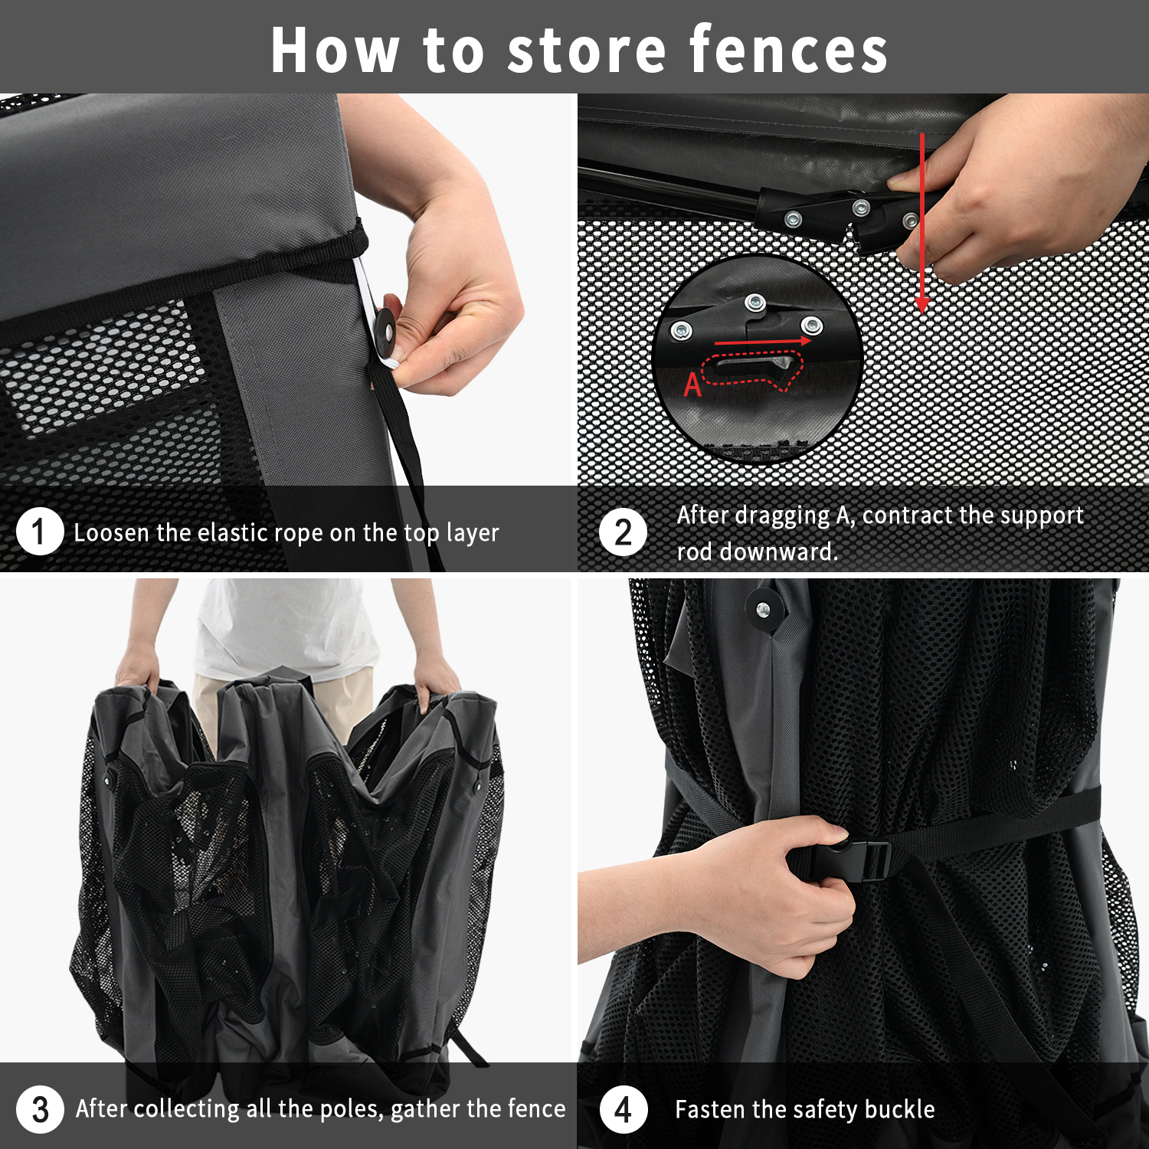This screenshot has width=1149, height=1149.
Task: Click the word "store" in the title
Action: (587, 51)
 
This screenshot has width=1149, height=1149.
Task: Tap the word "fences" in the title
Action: (789, 50)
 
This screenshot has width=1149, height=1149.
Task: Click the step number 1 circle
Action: (39, 532)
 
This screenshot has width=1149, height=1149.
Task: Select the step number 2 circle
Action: (624, 532)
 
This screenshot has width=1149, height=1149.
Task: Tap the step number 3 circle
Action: (40, 1109)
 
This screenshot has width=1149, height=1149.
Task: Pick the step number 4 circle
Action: (624, 1109)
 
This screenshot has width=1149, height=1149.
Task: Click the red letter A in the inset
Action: (692, 385)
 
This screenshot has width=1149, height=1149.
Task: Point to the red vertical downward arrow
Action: (922, 223)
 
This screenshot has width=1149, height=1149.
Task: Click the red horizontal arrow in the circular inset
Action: (763, 342)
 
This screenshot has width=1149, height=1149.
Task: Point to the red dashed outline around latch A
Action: (752, 370)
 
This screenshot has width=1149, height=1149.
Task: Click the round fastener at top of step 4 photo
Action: (763, 610)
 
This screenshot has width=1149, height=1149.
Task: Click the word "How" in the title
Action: (335, 51)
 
